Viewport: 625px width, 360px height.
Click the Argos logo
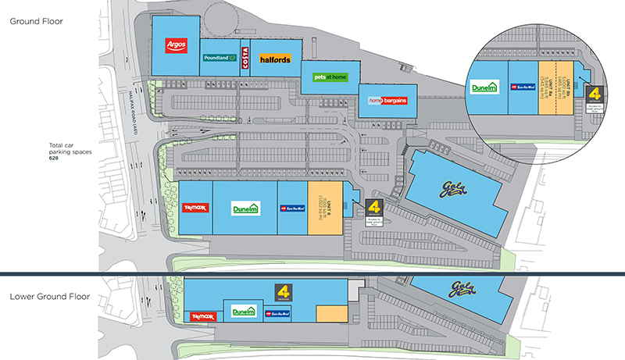point(174,45)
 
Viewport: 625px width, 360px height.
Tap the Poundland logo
point(220,58)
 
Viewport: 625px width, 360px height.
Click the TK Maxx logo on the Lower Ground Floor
point(203,316)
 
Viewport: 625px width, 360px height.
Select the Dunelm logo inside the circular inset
point(484,89)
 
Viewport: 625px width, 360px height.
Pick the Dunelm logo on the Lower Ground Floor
point(244,313)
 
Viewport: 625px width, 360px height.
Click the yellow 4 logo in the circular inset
point(595,94)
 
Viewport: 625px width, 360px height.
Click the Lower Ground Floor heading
point(49,297)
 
